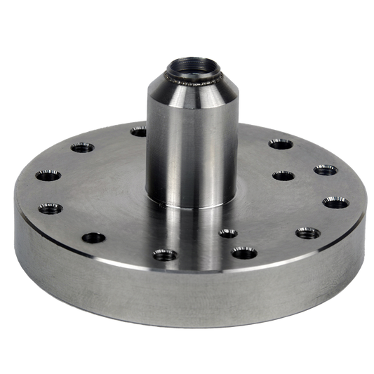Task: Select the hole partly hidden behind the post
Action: coord(140,132)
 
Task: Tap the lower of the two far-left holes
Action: coord(50,208)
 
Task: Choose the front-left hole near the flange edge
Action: coord(93,237)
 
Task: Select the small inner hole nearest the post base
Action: coord(227,233)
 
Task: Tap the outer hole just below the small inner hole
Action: coord(243,252)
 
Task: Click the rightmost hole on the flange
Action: coord(335,203)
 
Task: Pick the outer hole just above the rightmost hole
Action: coord(325,170)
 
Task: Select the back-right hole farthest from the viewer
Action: coord(281,145)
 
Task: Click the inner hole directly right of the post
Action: coord(282,175)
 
